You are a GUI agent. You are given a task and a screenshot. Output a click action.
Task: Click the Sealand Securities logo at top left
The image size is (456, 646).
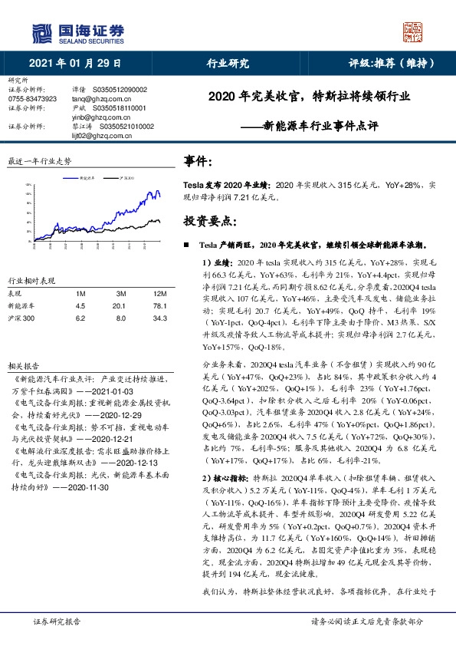pyautogui.click(x=77, y=33)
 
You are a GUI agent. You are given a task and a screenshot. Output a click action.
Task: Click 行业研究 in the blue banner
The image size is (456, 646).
pyautogui.click(x=228, y=64)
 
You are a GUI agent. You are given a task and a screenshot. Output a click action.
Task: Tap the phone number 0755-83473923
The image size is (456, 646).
pyautogui.click(x=31, y=99)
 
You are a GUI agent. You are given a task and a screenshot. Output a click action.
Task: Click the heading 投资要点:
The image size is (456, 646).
pyautogui.click(x=208, y=220)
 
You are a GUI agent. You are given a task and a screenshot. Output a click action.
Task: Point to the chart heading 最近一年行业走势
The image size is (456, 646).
pyautogui.click(x=39, y=162)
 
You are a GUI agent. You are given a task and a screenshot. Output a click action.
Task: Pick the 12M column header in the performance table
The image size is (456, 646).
pyautogui.click(x=160, y=293)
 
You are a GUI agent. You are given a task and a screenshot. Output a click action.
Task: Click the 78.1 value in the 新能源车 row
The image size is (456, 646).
pyautogui.click(x=160, y=305)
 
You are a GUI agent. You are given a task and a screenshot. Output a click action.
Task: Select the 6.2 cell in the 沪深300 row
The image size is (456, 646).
pyautogui.click(x=80, y=317)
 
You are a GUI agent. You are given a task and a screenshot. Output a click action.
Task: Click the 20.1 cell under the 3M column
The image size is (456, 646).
pyautogui.click(x=120, y=305)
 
